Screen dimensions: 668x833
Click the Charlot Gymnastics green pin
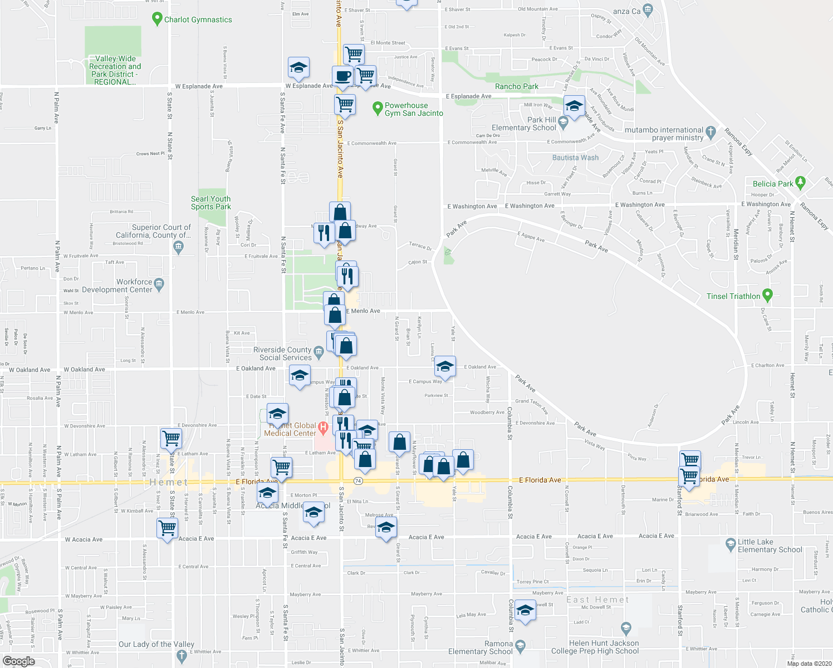[x=157, y=19]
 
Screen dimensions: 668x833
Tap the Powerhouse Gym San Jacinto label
[x=414, y=109]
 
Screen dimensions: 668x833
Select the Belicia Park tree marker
[x=801, y=181]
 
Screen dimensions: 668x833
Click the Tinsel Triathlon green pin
[x=767, y=294]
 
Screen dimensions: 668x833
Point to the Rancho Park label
[x=517, y=86]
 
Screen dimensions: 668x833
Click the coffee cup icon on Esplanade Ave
[x=342, y=76]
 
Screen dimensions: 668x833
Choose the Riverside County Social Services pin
[x=318, y=351]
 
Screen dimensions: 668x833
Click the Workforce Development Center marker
[x=159, y=284]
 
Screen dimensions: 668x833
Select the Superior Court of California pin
[x=178, y=248]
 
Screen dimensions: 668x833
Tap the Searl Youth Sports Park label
[x=210, y=203]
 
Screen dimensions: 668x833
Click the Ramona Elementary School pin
[x=520, y=645]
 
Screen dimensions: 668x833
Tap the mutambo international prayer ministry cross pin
[x=710, y=132]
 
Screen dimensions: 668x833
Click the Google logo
[x=18, y=661]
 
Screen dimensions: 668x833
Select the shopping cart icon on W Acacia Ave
[x=167, y=527]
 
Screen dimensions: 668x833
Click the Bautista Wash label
[x=575, y=158]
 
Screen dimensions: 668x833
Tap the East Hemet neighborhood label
[x=597, y=600]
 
